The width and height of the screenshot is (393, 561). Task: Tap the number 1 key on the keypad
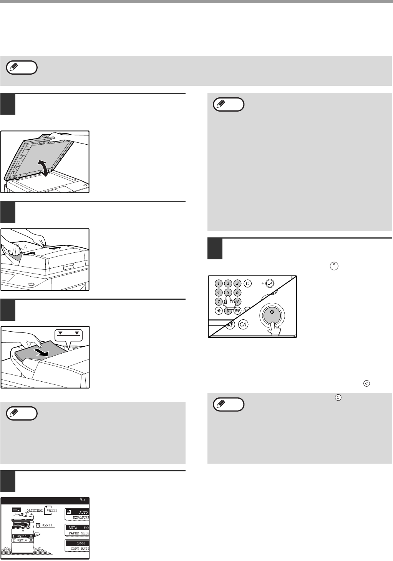219,284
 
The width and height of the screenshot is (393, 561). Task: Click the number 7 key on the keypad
219,301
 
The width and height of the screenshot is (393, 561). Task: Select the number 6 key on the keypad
237,292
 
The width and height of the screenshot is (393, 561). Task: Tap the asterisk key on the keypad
219,311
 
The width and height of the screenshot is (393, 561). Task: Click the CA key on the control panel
243,325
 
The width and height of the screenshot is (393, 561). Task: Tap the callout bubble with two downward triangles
68,335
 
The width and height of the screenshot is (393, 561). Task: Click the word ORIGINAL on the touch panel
35,511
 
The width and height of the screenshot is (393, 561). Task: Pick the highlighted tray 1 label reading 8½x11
22,536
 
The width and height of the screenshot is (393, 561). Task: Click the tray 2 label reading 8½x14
22,541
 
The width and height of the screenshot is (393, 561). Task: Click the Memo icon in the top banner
22,67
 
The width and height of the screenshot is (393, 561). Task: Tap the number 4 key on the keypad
219,292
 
